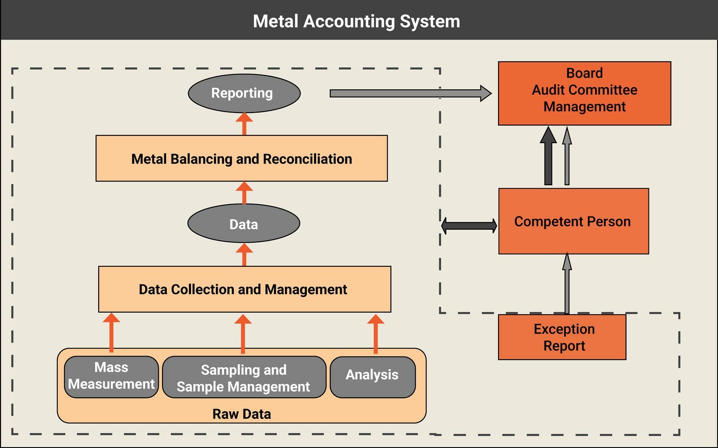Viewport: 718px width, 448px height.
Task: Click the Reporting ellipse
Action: click(x=244, y=93)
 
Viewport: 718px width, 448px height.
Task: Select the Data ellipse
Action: click(x=244, y=223)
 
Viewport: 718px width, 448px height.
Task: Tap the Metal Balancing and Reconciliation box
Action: click(x=241, y=158)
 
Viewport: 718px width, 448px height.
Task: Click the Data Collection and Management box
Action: click(x=245, y=289)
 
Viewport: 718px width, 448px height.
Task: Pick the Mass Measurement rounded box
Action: click(x=111, y=377)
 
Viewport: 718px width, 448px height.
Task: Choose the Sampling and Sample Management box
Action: click(x=244, y=378)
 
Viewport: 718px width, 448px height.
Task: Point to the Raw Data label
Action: click(x=241, y=413)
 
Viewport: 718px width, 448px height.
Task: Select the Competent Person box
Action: click(x=573, y=221)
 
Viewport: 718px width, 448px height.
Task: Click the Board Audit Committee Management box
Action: click(x=584, y=93)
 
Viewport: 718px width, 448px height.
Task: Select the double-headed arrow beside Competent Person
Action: click(x=469, y=226)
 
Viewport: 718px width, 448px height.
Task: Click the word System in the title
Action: click(x=429, y=21)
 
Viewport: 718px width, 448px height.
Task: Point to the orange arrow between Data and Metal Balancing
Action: click(x=244, y=193)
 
